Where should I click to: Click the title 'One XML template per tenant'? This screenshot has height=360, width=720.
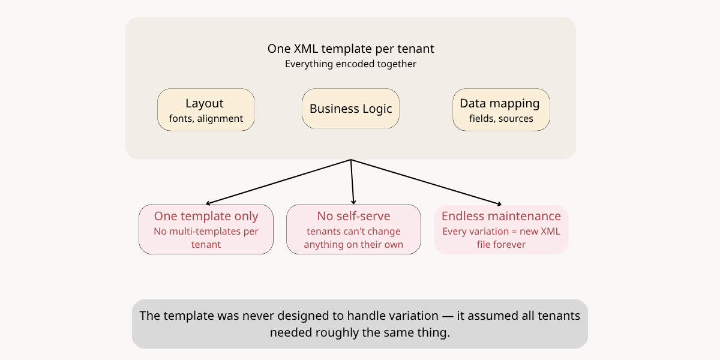click(350, 49)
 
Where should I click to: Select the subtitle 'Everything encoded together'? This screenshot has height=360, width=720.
click(350, 64)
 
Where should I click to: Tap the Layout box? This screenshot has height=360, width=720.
click(206, 109)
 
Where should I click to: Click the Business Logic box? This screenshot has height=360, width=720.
click(350, 109)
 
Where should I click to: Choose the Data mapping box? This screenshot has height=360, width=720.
click(500, 109)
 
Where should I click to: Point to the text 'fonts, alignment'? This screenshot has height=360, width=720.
click(206, 118)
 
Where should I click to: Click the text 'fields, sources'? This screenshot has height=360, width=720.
click(500, 118)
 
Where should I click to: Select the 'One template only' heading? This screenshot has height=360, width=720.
click(206, 216)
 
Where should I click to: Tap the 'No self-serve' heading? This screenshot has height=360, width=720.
click(353, 216)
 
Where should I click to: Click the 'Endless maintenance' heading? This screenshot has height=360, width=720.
click(501, 216)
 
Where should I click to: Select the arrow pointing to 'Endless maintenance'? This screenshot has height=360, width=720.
click(426, 182)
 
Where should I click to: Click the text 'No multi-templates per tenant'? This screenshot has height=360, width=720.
click(206, 238)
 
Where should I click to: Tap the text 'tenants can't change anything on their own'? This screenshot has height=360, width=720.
click(353, 238)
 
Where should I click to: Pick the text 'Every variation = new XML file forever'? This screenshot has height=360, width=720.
click(501, 238)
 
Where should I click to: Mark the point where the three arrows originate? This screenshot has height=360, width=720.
click(350, 160)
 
